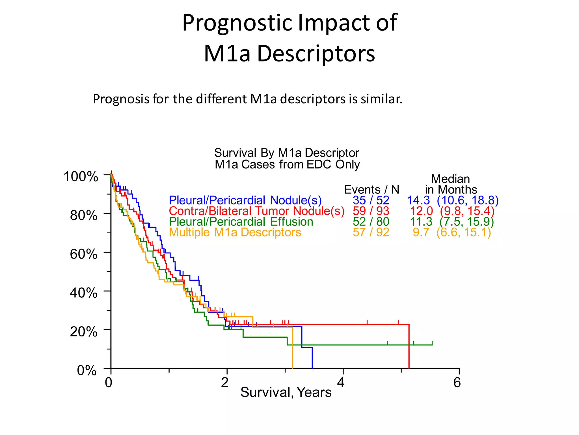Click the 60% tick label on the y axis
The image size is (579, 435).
(x=83, y=254)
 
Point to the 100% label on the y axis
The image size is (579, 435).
(x=81, y=177)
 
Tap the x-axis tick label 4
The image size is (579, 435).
(x=341, y=383)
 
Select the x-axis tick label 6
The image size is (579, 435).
(x=457, y=383)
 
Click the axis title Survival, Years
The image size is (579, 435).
(x=286, y=393)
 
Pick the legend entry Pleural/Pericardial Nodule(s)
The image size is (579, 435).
(x=245, y=200)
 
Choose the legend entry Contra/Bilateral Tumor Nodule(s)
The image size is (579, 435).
(x=256, y=211)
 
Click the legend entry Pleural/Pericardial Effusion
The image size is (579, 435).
(x=241, y=222)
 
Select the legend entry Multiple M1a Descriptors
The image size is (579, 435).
(x=235, y=233)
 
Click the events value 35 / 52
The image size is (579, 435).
(x=371, y=200)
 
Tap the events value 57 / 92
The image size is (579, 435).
(x=371, y=233)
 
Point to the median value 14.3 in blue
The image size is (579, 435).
(x=418, y=200)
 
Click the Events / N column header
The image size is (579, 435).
(x=371, y=189)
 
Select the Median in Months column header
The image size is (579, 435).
(x=451, y=184)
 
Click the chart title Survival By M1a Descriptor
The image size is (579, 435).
(x=287, y=153)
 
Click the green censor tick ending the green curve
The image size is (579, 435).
(x=432, y=343)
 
